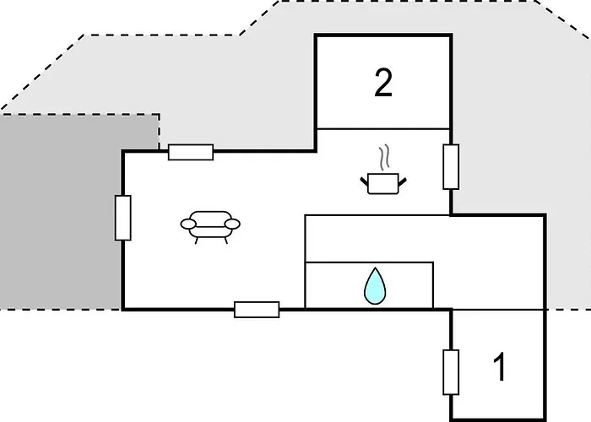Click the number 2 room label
pyautogui.click(x=383, y=83)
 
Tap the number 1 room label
pyautogui.click(x=500, y=366)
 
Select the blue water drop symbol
pyautogui.click(x=375, y=286)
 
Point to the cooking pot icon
pyautogui.click(x=383, y=183)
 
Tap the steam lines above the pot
pyautogui.click(x=383, y=157)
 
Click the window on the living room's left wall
pyautogui.click(x=123, y=218)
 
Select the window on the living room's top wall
pyautogui.click(x=191, y=152)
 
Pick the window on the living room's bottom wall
pyautogui.click(x=257, y=310)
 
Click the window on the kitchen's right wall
pyautogui.click(x=451, y=166)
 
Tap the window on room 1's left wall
pyautogui.click(x=451, y=372)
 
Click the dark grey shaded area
pyautogui.click(x=60, y=211)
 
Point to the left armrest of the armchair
pyautogui.click(x=188, y=225)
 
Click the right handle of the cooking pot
pyautogui.click(x=402, y=182)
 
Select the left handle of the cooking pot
pyautogui.click(x=364, y=182)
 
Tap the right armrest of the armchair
pyautogui.click(x=232, y=225)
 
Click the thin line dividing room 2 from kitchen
pyautogui.click(x=383, y=129)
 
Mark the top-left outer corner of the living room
pyautogui.click(x=123, y=151)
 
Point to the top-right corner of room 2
pyautogui.click(x=451, y=35)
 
